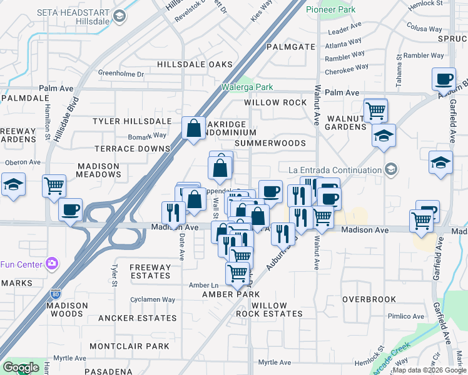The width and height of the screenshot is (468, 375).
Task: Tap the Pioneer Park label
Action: pyautogui.click(x=331, y=9)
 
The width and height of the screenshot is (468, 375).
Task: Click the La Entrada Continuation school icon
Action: pyautogui.click(x=391, y=169)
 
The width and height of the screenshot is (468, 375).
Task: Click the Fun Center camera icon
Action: pyautogui.click(x=51, y=264)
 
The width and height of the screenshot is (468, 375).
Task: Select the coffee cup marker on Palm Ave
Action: pyautogui.click(x=444, y=79)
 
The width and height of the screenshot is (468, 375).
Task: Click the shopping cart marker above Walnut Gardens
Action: pyautogui.click(x=375, y=110)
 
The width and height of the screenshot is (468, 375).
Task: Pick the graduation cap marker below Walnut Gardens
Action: pyautogui.click(x=383, y=135)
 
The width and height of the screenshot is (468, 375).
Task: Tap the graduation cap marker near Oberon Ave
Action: pyautogui.click(x=13, y=184)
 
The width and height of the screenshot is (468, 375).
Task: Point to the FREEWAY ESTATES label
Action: pyautogui.click(x=150, y=271)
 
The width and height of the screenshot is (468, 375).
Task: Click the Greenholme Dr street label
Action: pyautogui.click(x=121, y=74)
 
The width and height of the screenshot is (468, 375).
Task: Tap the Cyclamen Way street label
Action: pyautogui.click(x=153, y=299)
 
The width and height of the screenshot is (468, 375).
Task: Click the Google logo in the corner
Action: pyautogui.click(x=21, y=367)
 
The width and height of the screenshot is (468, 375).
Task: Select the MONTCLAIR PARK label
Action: pyautogui.click(x=130, y=346)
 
